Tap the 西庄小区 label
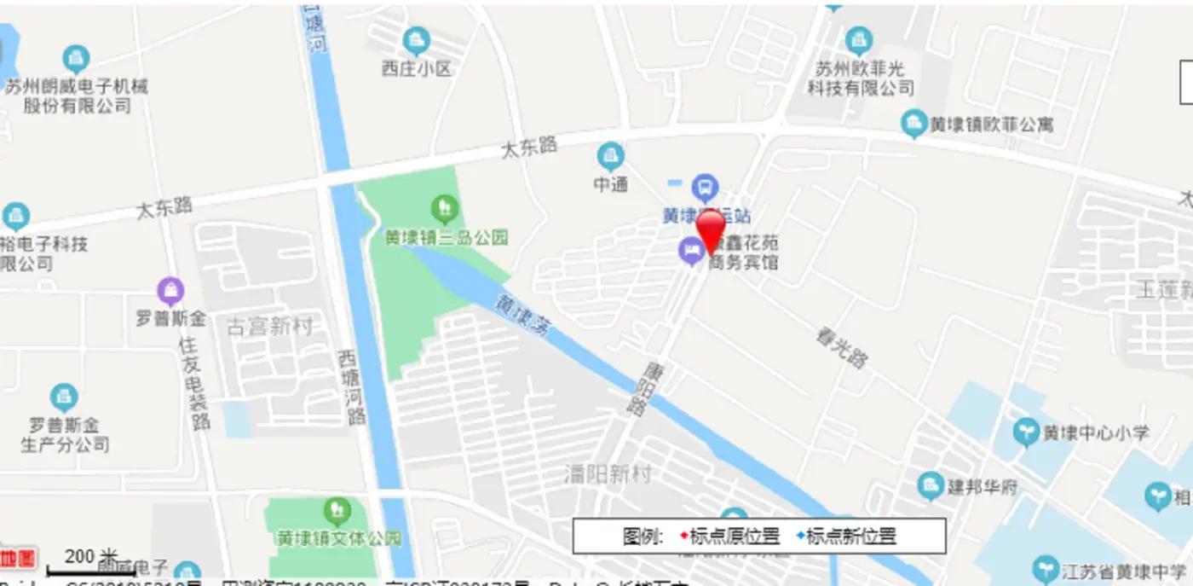click(416, 68)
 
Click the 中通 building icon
click(610, 156)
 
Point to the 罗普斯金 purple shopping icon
click(170, 292)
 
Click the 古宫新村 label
click(269, 326)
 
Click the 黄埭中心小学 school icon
click(1027, 432)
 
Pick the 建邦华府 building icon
click(931, 487)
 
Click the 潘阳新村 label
click(608, 473)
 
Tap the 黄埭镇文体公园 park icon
click(337, 512)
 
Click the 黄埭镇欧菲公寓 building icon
click(913, 124)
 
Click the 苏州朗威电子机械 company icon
click(76, 59)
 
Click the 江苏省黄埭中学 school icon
click(1046, 570)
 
